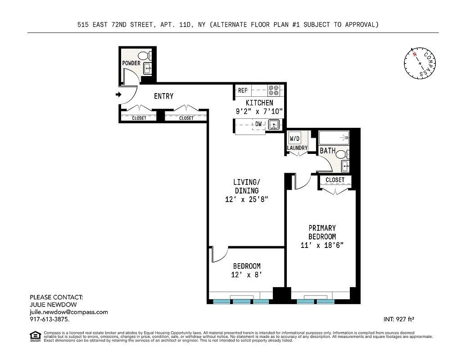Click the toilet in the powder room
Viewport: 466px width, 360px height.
144,56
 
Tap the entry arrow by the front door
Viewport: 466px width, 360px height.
118,94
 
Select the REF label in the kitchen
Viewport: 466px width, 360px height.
243,90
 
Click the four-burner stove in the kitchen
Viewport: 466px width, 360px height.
274,90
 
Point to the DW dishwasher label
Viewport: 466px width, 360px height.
258,124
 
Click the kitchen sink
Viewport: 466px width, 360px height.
274,125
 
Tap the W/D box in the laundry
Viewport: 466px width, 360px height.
295,138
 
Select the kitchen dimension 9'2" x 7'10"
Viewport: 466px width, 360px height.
259,112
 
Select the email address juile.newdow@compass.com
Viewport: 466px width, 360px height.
68,312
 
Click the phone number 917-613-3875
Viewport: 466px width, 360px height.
50,319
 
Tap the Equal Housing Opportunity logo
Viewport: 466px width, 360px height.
34,336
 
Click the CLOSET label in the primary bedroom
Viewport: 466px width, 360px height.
335,180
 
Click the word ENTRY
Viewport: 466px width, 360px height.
163,96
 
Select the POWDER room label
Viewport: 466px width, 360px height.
131,63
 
